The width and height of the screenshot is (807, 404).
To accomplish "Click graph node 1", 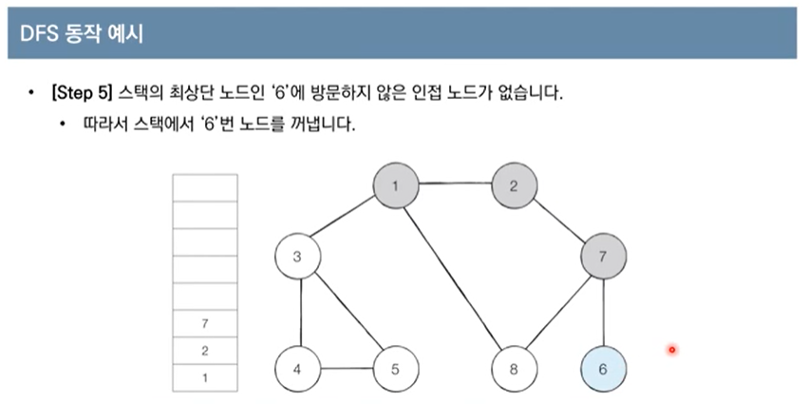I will (394, 185).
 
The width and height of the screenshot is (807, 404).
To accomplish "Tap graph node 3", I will (297, 257).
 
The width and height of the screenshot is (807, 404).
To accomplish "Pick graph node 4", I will (297, 368).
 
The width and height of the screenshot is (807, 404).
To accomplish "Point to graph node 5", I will (394, 368).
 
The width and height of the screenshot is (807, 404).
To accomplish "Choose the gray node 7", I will (604, 257).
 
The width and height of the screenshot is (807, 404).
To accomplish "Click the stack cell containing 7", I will (204, 324).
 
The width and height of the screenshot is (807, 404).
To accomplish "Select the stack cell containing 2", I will (204, 351).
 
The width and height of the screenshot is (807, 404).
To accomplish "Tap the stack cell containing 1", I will (204, 377).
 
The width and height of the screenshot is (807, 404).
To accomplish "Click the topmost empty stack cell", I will (204, 189).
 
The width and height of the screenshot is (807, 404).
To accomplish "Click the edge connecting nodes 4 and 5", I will (346, 368).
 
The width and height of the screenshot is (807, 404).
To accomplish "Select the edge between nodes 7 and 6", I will (604, 312).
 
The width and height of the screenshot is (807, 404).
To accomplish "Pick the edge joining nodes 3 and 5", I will (346, 313).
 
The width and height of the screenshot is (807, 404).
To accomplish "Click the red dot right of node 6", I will (671, 351).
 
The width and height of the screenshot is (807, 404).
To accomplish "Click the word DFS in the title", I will (39, 36).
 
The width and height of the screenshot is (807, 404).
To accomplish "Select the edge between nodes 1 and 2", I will (454, 185).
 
